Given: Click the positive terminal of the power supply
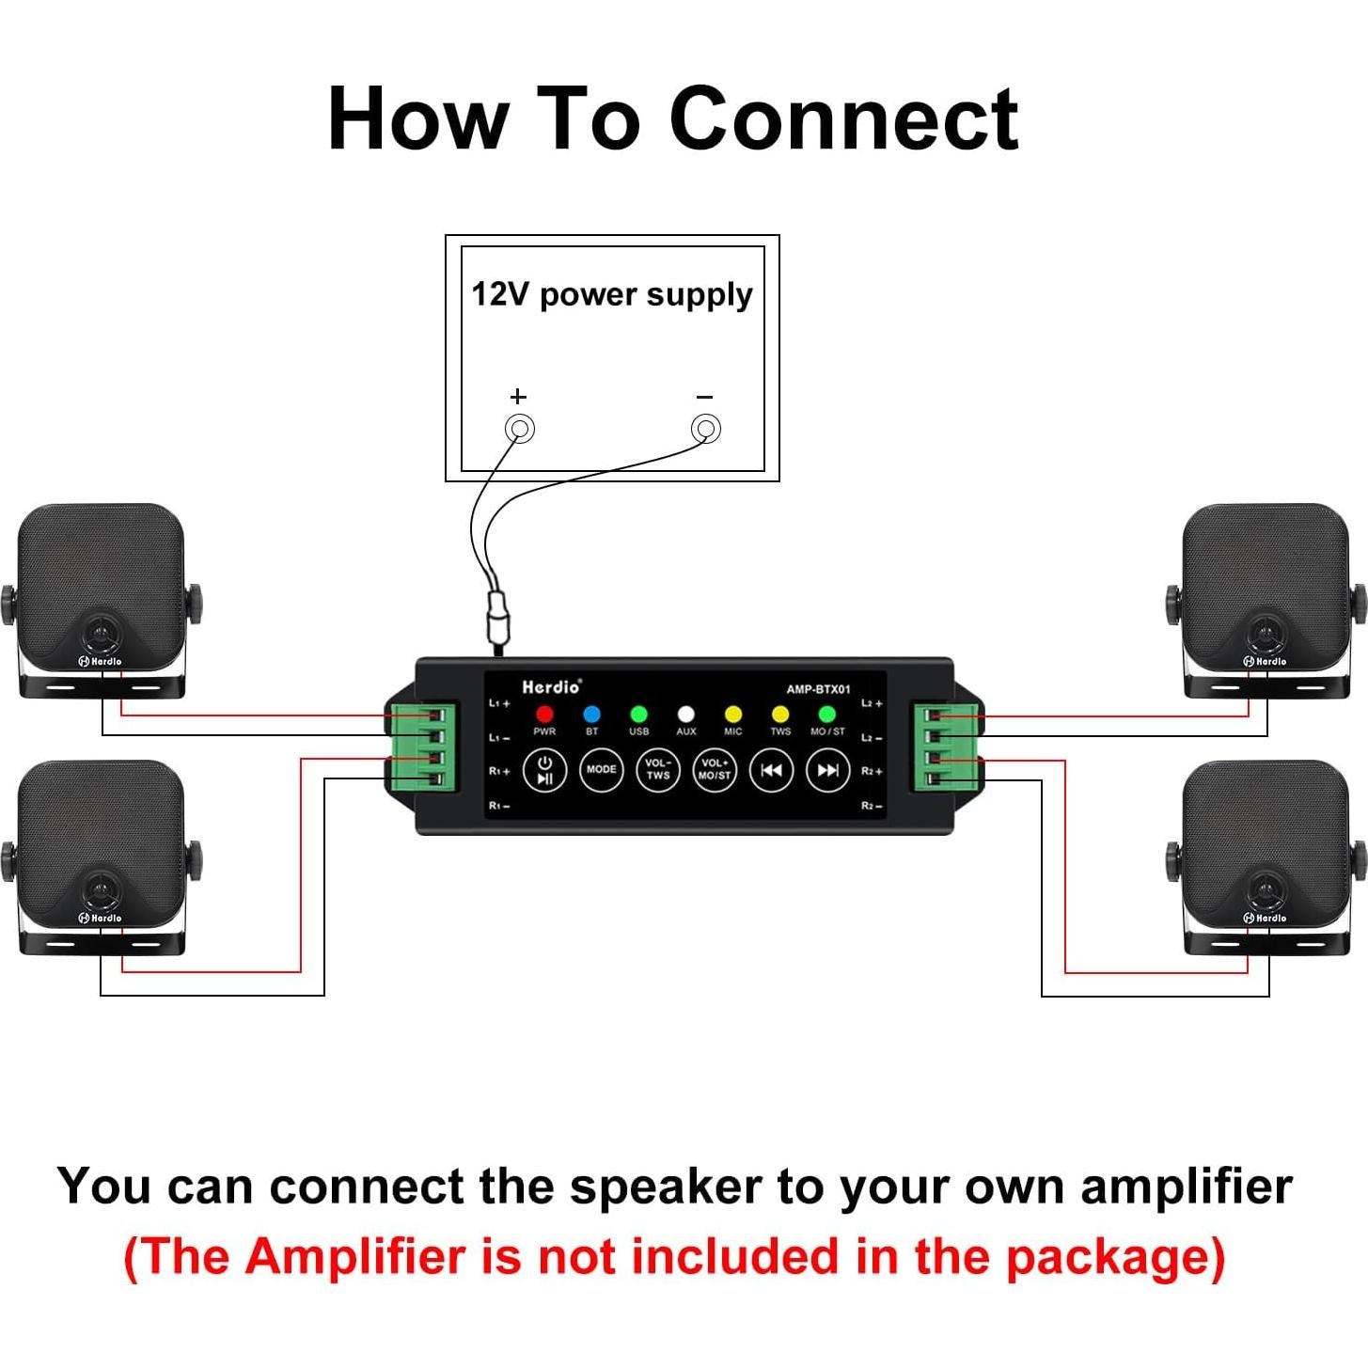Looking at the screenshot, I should [520, 429].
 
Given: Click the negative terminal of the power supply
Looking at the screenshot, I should [706, 429].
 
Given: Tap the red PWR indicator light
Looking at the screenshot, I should [544, 715].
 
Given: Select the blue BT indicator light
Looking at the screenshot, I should [591, 715].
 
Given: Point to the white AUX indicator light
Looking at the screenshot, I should [686, 715].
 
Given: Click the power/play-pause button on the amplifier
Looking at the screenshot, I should [544, 770].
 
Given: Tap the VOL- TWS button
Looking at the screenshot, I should [658, 770].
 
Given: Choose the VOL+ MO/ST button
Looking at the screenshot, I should [715, 770].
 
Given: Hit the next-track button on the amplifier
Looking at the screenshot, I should [827, 770].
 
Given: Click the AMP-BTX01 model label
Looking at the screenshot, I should [818, 689].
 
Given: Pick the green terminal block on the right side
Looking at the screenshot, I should [946, 747].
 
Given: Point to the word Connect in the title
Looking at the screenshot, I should [843, 119].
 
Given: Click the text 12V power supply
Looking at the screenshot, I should [612, 295].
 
